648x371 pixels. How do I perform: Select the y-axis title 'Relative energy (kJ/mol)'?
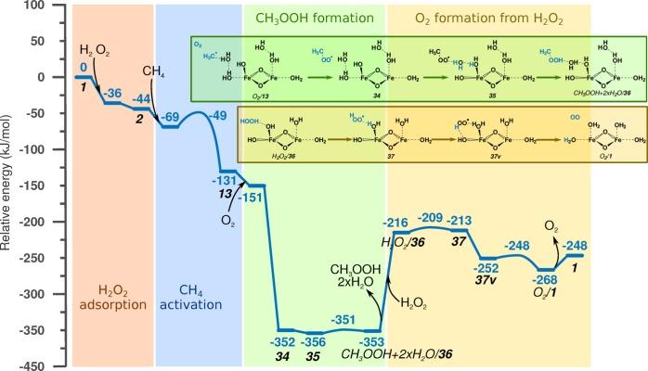pyautogui.click(x=8, y=185)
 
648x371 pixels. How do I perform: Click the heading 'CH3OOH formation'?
pyautogui.click(x=308, y=17)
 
